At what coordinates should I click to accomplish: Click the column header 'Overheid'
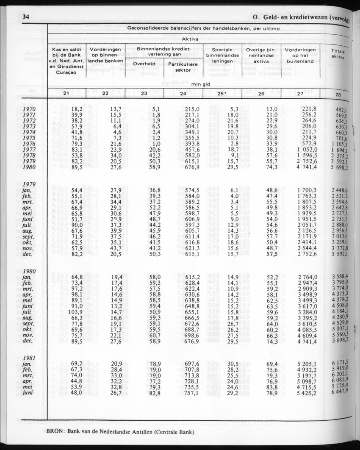[144, 64]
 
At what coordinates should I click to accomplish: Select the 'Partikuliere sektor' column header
[183, 67]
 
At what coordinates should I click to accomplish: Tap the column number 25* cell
[222, 94]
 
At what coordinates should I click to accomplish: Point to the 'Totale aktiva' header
[338, 53]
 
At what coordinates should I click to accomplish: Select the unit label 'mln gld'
[201, 84]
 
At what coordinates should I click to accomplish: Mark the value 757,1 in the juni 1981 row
[192, 393]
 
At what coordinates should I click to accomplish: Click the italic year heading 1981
[30, 357]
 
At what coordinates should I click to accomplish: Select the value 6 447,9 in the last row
[340, 391]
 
